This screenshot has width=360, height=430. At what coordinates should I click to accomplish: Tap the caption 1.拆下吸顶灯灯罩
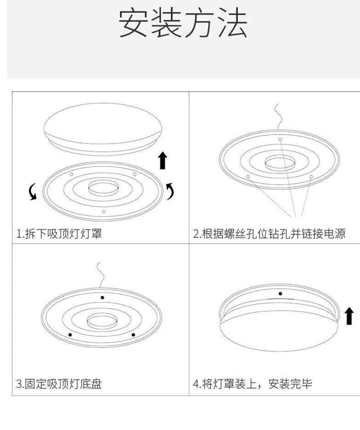click(x=59, y=234)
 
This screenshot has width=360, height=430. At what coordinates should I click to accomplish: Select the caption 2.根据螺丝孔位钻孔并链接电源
click(x=269, y=234)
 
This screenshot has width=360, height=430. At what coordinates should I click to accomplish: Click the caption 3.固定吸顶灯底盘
click(x=59, y=383)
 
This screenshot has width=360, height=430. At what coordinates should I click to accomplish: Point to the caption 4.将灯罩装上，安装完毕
click(x=252, y=383)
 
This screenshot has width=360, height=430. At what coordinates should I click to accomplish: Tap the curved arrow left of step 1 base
click(x=33, y=192)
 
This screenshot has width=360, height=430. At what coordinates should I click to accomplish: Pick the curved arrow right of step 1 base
click(x=170, y=191)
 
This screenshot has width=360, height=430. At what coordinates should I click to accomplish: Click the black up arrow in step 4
click(x=349, y=316)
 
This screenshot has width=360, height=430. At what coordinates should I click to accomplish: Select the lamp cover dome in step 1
click(x=103, y=129)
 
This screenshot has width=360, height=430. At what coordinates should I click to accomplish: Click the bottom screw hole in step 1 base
click(x=103, y=212)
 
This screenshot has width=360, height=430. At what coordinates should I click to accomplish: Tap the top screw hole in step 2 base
click(x=280, y=140)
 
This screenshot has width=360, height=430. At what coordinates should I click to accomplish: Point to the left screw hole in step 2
click(x=248, y=177)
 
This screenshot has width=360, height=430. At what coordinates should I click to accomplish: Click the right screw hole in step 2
click(x=311, y=177)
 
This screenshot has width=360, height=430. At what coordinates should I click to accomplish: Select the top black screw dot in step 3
click(x=102, y=298)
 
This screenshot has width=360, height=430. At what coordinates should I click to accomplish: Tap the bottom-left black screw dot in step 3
click(x=70, y=335)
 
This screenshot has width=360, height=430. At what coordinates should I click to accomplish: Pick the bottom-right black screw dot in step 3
click(x=133, y=335)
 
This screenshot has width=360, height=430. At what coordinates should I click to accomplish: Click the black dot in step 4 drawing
click(x=280, y=294)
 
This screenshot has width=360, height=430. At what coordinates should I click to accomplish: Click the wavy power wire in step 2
click(x=279, y=117)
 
